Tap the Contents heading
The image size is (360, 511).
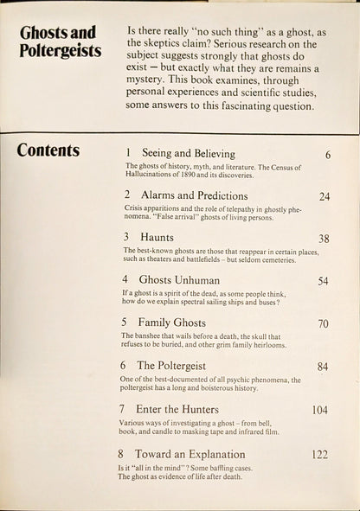pos(48,150)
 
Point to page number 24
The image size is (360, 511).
pos(325,196)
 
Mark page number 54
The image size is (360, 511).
pos(324,281)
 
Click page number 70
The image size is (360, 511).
pos(324,325)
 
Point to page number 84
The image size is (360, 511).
pos(324,367)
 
